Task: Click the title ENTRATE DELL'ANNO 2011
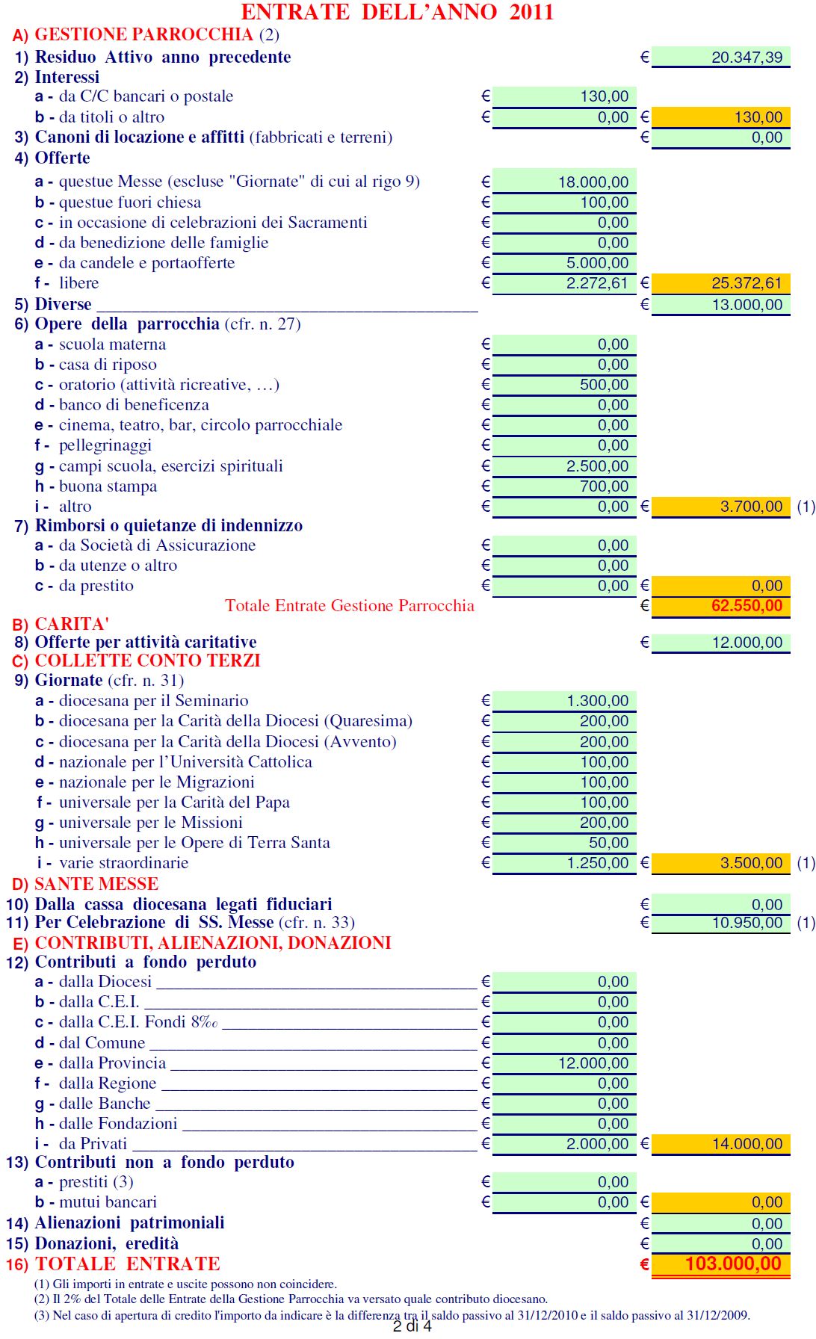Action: click(x=397, y=12)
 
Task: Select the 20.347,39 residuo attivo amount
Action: click(x=747, y=57)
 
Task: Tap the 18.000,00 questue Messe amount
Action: click(x=593, y=182)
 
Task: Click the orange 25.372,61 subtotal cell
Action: click(x=746, y=283)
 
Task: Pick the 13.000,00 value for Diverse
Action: click(x=747, y=304)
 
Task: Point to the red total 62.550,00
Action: click(x=746, y=606)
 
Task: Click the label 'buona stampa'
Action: click(x=108, y=486)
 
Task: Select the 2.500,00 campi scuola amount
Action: click(x=597, y=466)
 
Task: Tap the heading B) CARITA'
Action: click(x=61, y=624)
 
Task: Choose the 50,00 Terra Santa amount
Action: click(x=608, y=843)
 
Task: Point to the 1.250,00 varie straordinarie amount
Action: click(x=597, y=863)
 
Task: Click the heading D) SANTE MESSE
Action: click(x=86, y=884)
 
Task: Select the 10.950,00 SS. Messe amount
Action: click(x=747, y=923)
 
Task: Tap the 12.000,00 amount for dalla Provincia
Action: click(x=593, y=1063)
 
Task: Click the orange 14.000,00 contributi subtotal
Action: click(x=747, y=1144)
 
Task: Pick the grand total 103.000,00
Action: click(x=732, y=1264)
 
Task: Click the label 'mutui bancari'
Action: click(x=108, y=1202)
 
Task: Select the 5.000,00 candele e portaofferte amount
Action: click(x=597, y=263)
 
